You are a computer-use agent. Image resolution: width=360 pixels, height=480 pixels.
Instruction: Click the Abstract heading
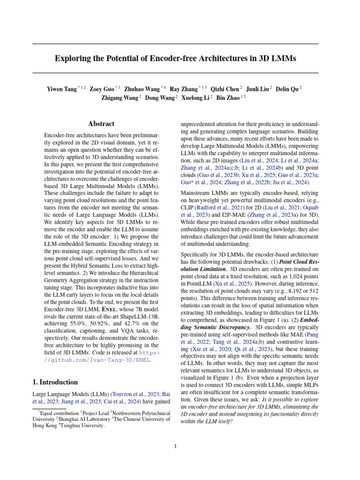[101, 124]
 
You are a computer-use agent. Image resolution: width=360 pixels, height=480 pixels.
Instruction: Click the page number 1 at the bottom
[175, 446]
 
